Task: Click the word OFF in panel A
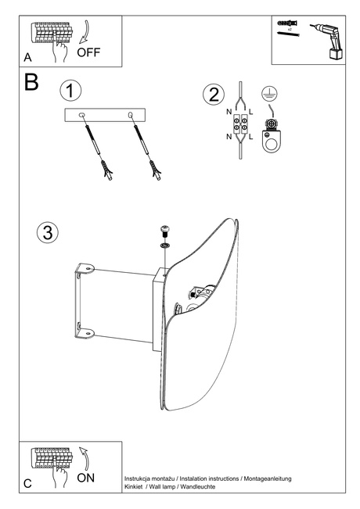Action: pos(88,52)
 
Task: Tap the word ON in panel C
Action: pos(86,476)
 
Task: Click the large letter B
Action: pos(31,83)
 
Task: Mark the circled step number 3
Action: pos(48,232)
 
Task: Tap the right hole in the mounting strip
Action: pos(130,116)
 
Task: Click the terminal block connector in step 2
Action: pos(239,125)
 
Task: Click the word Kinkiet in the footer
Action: pos(135,486)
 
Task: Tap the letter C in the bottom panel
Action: pos(27,484)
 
